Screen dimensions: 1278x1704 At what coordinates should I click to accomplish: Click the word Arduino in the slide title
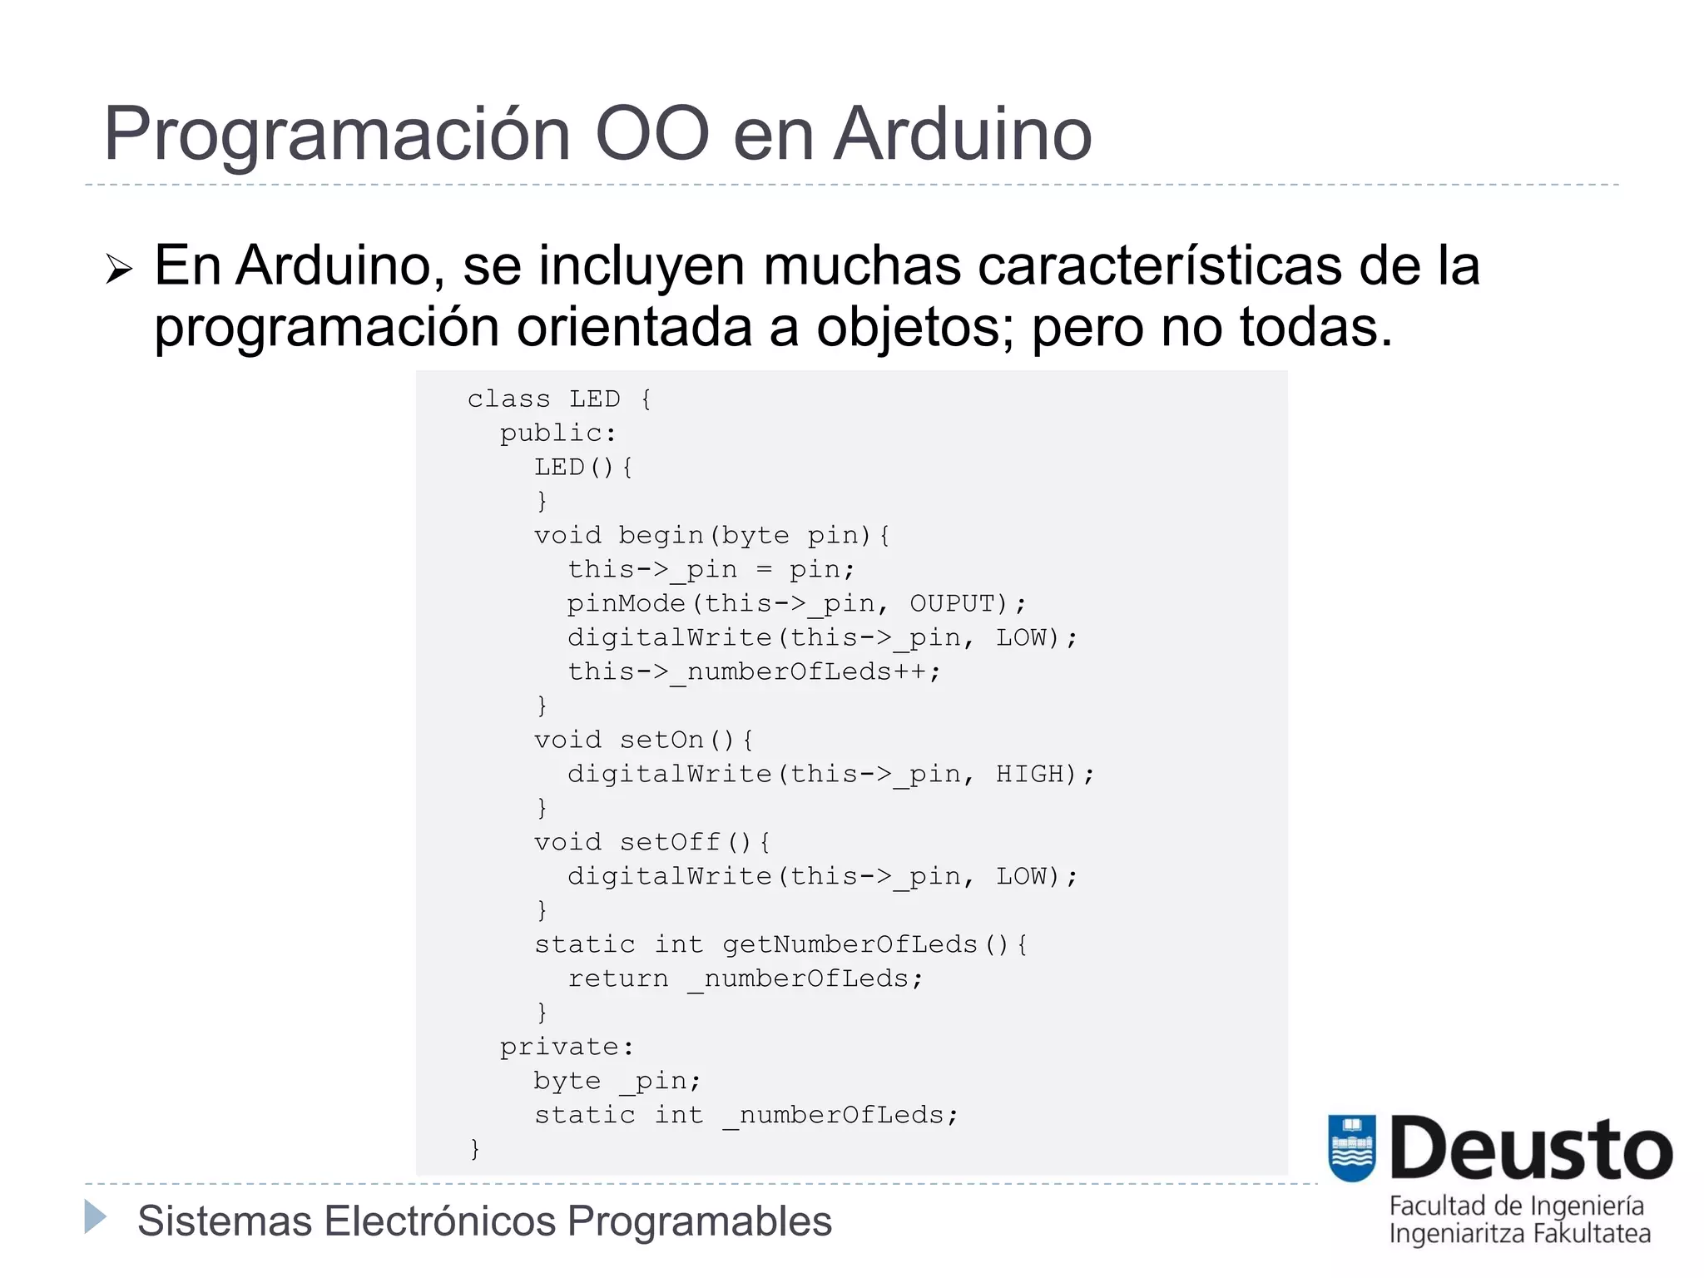click(x=963, y=135)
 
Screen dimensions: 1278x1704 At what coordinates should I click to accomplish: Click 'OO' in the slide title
click(x=651, y=135)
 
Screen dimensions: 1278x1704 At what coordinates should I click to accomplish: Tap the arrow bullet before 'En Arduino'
click(x=119, y=270)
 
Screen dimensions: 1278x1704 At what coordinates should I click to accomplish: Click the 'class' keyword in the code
click(x=508, y=399)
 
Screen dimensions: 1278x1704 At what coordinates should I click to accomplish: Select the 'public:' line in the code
click(x=557, y=433)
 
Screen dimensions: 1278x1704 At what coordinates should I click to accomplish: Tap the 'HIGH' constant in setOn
click(x=1030, y=774)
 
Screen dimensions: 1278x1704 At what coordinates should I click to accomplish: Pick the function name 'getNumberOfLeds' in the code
click(x=850, y=944)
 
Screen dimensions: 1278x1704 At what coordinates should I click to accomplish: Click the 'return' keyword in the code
click(x=617, y=978)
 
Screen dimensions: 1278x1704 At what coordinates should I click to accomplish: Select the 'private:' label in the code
click(x=567, y=1047)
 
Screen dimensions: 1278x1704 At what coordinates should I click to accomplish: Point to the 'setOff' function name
click(x=670, y=842)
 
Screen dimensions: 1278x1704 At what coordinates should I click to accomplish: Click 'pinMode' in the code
click(x=627, y=603)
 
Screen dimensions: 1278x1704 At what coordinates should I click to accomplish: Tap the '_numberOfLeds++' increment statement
click(x=805, y=671)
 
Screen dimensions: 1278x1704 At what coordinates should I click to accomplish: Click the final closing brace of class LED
click(x=475, y=1149)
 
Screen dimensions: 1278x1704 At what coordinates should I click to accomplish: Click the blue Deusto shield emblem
click(x=1352, y=1147)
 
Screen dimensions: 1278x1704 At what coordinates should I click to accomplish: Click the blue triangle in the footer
click(x=96, y=1216)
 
